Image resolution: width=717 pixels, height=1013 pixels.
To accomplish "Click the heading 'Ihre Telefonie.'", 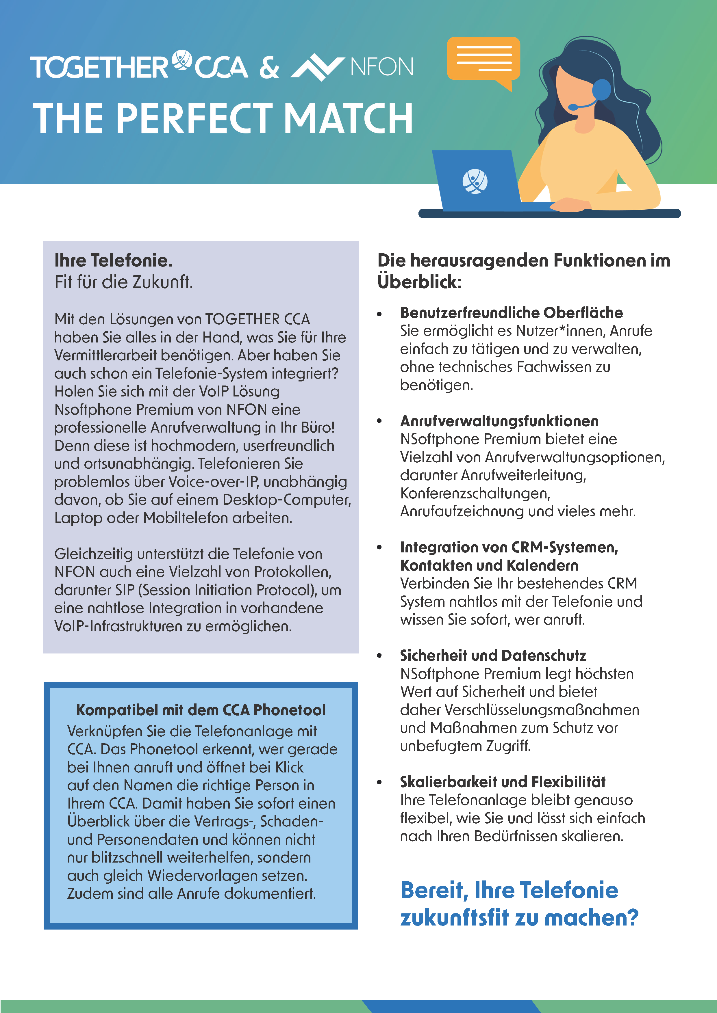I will point(114,260).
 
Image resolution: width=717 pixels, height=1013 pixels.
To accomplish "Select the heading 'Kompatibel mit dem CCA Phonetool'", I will point(201,710).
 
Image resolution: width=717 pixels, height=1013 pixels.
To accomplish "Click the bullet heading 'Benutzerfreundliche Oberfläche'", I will point(511,312).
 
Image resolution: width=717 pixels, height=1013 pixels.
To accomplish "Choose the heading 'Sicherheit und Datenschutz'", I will point(493,656).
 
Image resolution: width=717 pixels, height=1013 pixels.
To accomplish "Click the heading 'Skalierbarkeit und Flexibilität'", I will point(503,782).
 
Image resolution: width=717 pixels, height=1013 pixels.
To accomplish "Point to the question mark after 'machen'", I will point(633,918).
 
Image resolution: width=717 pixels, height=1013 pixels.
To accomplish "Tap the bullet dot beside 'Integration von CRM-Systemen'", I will point(379,548).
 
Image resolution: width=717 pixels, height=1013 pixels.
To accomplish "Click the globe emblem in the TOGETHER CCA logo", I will point(181,60).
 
